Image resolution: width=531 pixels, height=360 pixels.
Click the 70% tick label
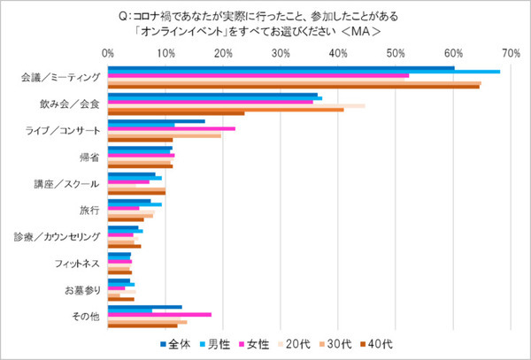tap(510, 54)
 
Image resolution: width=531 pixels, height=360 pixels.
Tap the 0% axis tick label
tap(108, 54)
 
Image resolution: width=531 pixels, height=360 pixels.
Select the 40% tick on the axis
tap(338, 54)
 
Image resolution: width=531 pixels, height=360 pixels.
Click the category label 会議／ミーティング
tap(60, 77)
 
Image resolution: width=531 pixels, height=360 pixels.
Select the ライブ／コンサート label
tap(64, 130)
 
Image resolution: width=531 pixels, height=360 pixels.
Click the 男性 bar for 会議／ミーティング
tap(304, 72)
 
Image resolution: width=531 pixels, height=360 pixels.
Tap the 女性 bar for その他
tap(159, 314)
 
